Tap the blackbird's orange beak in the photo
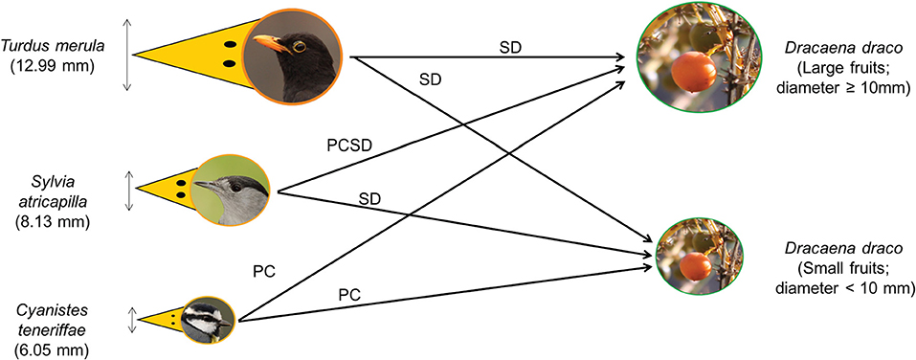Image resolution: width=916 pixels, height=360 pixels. pos(272,43)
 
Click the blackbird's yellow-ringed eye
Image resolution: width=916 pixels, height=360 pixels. pos(301,46)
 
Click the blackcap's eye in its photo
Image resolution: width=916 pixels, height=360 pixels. pos(235,187)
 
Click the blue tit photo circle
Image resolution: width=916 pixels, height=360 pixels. pos(206,321)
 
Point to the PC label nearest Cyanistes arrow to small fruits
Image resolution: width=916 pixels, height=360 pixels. pos(349,295)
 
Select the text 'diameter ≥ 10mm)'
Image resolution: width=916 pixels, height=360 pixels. pos(845,88)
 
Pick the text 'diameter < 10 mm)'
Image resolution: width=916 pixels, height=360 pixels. pos(845,287)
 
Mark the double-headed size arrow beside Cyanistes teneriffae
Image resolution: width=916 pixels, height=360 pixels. pos(133,320)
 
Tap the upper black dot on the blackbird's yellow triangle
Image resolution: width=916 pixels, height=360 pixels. pos(230,44)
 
